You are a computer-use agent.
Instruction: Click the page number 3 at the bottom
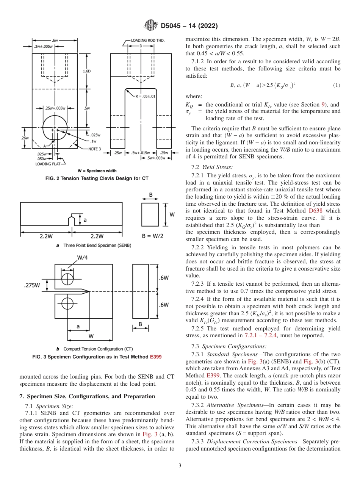(180, 465)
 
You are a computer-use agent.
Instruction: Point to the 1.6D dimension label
(87, 71)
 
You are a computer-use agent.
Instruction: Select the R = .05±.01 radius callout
(145, 97)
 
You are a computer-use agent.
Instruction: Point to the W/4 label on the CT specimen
(83, 258)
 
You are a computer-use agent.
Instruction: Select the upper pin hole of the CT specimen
(67, 279)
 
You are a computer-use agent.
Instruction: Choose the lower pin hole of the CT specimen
(67, 303)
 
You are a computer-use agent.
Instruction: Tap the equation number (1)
(337, 85)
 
